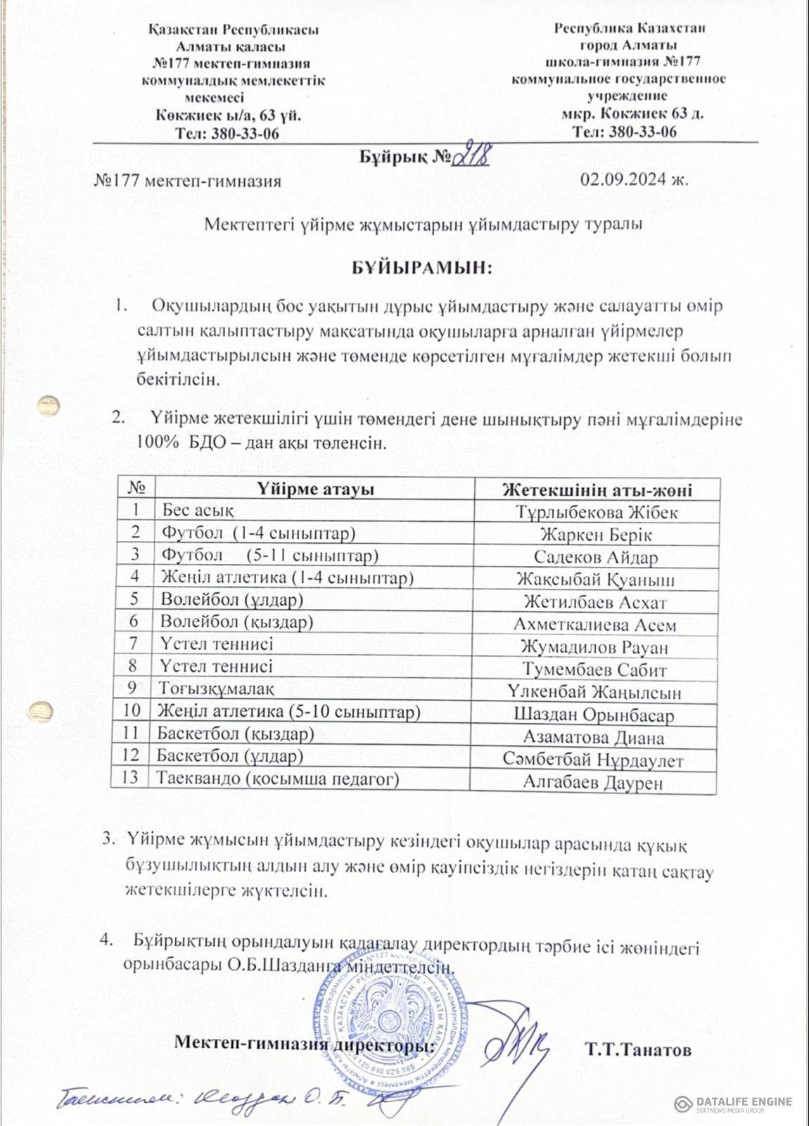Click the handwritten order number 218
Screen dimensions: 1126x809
(471, 156)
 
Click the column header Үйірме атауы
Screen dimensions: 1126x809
(314, 489)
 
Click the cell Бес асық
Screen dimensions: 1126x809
(193, 510)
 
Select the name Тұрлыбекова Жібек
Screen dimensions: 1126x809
(597, 512)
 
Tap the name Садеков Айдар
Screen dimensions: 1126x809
(596, 558)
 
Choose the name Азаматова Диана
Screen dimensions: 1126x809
(594, 738)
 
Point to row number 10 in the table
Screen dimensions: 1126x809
(132, 711)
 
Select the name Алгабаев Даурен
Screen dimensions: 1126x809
(593, 783)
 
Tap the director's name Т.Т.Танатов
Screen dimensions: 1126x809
(638, 1050)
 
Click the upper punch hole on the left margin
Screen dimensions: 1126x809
(49, 406)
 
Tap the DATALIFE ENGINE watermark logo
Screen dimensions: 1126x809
(733, 1103)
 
